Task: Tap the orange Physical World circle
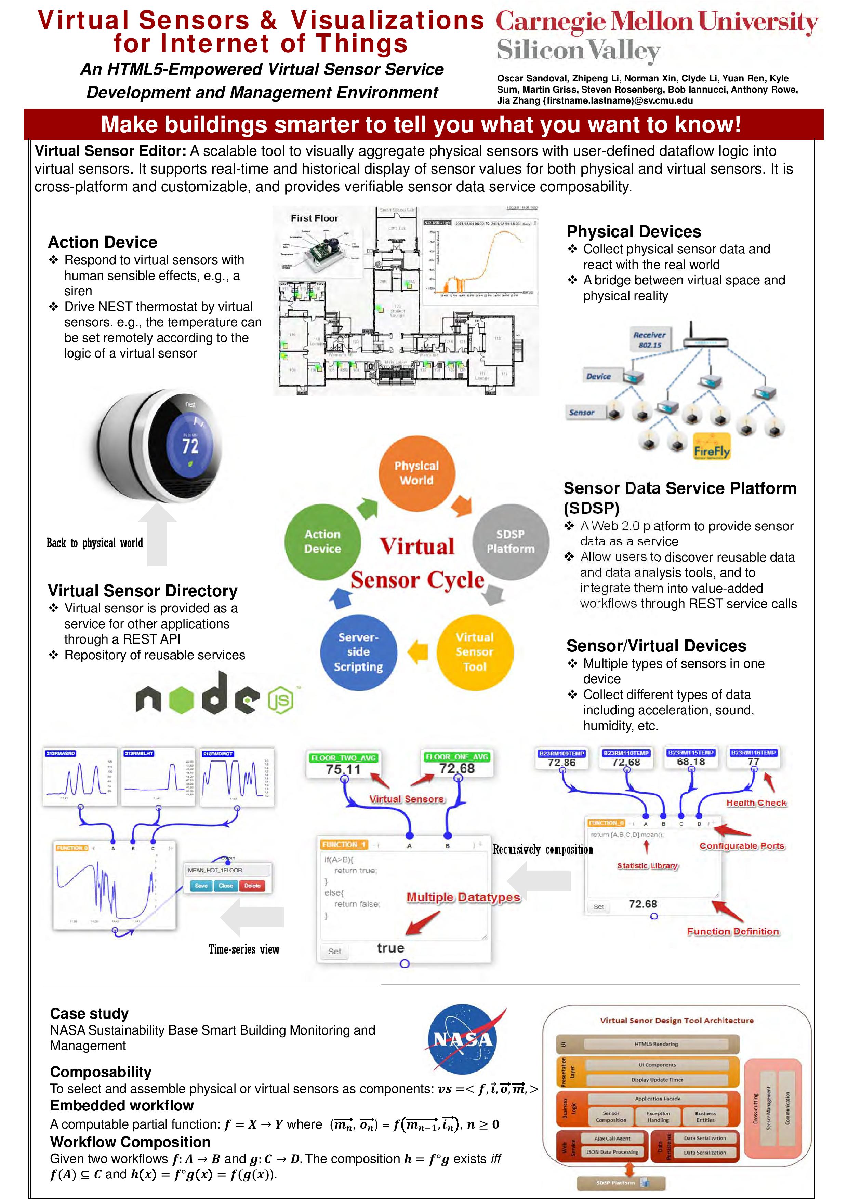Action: [416, 473]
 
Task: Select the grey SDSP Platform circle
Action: [511, 541]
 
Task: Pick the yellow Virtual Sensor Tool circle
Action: [474, 652]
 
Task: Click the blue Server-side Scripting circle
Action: [358, 652]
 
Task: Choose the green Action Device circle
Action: [322, 541]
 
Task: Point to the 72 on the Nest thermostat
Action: [190, 445]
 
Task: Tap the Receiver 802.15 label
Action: [649, 340]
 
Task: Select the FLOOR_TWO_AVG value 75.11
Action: [343, 770]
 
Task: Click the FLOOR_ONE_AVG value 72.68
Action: [457, 769]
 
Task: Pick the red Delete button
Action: [252, 886]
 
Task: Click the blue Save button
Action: [201, 886]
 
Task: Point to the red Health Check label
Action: [756, 803]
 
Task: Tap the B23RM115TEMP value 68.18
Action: [691, 762]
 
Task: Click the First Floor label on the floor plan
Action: [315, 218]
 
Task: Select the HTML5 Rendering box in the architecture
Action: [656, 1044]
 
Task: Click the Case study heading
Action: [89, 1014]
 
